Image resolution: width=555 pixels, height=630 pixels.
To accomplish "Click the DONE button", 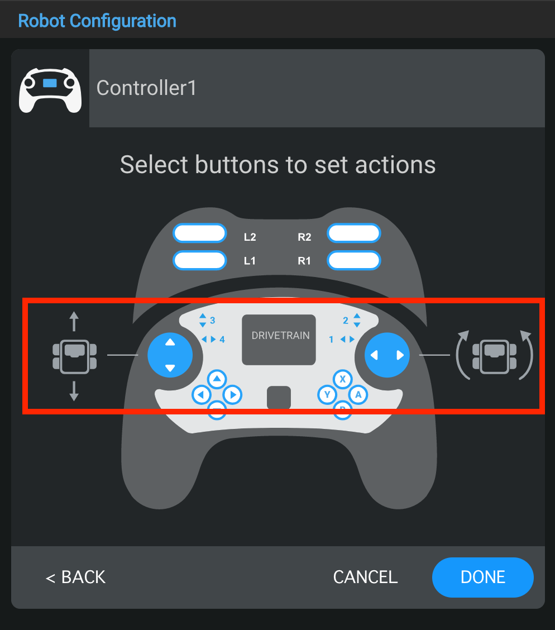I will pos(482,577).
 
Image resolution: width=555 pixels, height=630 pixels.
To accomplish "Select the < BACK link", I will pos(75,577).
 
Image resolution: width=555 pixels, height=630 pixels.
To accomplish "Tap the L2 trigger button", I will pos(199,233).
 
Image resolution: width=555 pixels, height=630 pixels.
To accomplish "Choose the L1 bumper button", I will pos(199,260).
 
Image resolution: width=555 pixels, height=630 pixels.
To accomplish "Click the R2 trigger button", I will pos(354,233).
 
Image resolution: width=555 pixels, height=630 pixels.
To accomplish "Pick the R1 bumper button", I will pos(354,260).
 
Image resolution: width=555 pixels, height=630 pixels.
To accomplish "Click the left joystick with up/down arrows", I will pos(170,355).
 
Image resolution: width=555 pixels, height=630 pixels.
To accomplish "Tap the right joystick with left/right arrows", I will pos(387,355).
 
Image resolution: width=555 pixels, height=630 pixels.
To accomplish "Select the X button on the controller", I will pos(343,379).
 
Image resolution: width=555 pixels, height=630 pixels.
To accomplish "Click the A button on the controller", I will pos(358,395).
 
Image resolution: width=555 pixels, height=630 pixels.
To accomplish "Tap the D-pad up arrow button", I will pos(217,379).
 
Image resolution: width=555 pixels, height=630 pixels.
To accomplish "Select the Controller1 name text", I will pos(146,88).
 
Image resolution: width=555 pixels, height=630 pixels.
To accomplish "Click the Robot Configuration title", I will pos(97,21).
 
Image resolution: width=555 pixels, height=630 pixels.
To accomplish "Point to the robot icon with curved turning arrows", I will pos(494,355).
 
